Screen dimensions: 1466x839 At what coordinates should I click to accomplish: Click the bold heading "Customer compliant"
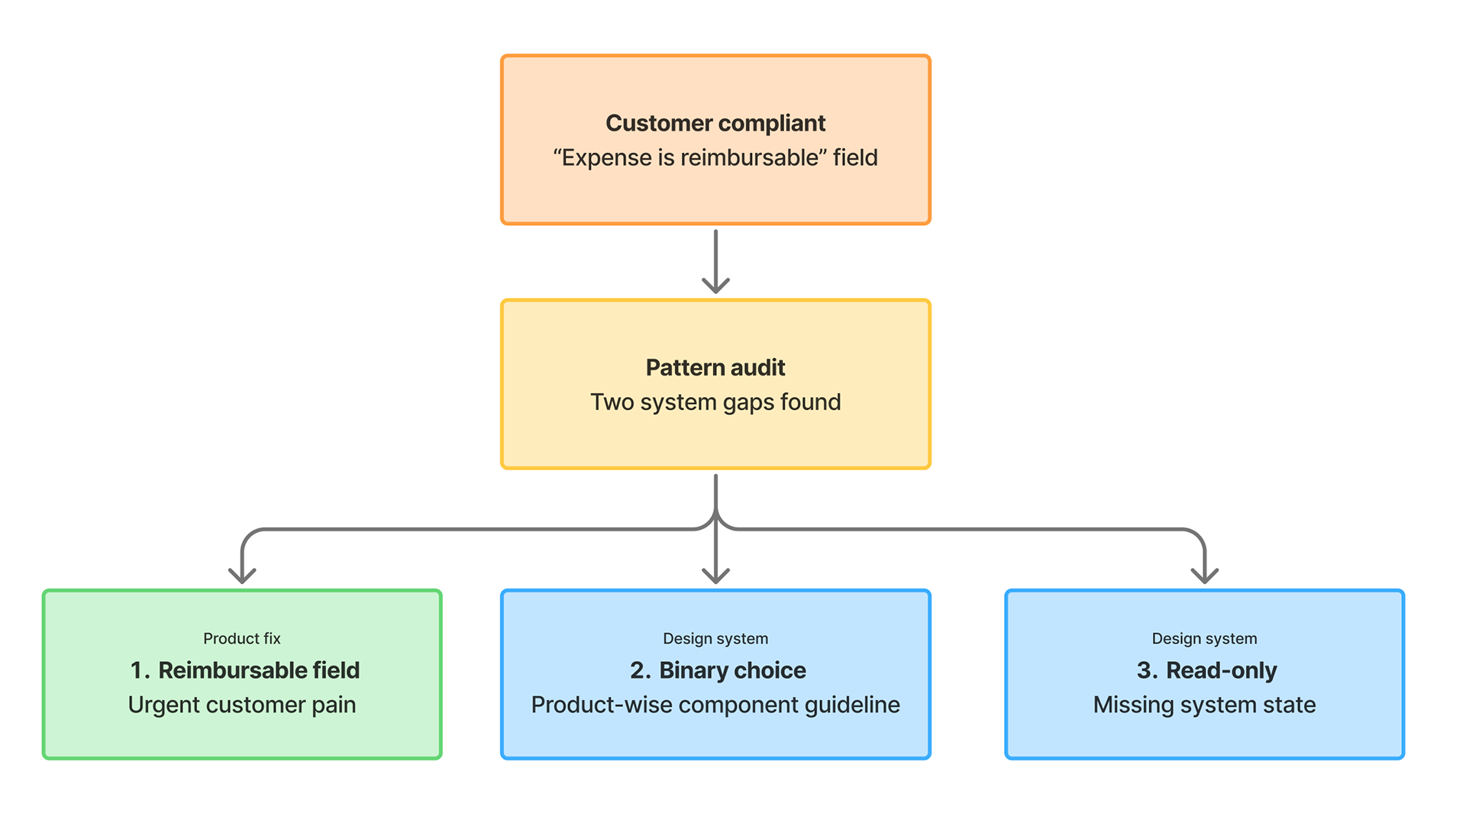click(715, 123)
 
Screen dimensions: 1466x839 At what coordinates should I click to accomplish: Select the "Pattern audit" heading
click(715, 367)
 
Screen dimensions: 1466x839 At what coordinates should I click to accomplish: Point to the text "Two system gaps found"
click(715, 402)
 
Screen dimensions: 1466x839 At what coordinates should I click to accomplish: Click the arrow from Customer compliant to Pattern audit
click(715, 261)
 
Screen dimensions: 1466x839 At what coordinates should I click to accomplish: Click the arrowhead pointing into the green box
click(242, 576)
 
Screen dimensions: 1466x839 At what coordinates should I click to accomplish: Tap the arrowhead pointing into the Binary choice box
click(715, 576)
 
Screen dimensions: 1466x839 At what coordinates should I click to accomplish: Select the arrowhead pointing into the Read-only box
click(1204, 576)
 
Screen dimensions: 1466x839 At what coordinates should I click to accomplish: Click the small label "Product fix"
click(242, 638)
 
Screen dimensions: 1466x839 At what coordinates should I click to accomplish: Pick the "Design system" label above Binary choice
click(715, 638)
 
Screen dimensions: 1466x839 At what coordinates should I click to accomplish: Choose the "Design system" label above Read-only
click(1204, 638)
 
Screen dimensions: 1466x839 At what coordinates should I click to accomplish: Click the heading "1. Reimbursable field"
click(244, 670)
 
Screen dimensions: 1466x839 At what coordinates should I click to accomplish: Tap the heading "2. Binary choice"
click(718, 670)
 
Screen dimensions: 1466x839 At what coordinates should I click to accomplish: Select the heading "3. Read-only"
click(1206, 670)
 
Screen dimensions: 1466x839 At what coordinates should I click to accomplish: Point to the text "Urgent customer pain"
click(242, 705)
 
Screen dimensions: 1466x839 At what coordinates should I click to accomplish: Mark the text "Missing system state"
click(1204, 705)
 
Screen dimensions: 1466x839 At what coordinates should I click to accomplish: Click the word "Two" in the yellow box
click(612, 402)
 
